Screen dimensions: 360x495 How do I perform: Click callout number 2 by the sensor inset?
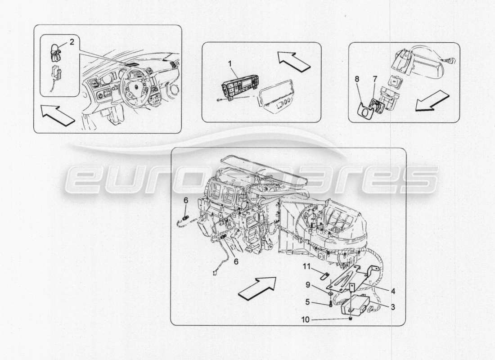pos(71,43)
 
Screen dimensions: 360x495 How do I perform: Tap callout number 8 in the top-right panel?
pos(356,79)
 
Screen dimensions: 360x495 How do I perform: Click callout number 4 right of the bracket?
pos(393,291)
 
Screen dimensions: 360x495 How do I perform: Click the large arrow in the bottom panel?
pos(256,288)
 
